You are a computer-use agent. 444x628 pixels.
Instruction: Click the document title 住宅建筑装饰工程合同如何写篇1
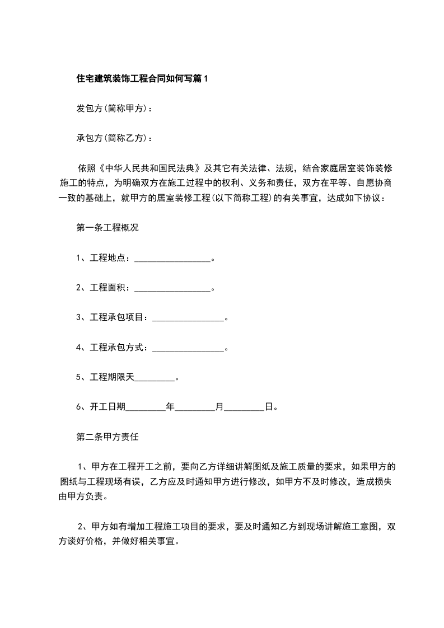142,78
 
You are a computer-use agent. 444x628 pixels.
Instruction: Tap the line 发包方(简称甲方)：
114,109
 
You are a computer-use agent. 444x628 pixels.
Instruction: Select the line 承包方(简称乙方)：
114,138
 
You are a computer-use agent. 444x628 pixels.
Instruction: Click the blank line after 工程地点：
172,259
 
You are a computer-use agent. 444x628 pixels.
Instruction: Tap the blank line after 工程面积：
172,288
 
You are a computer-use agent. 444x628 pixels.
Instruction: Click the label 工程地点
109,258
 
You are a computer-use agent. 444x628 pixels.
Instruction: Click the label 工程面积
109,288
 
